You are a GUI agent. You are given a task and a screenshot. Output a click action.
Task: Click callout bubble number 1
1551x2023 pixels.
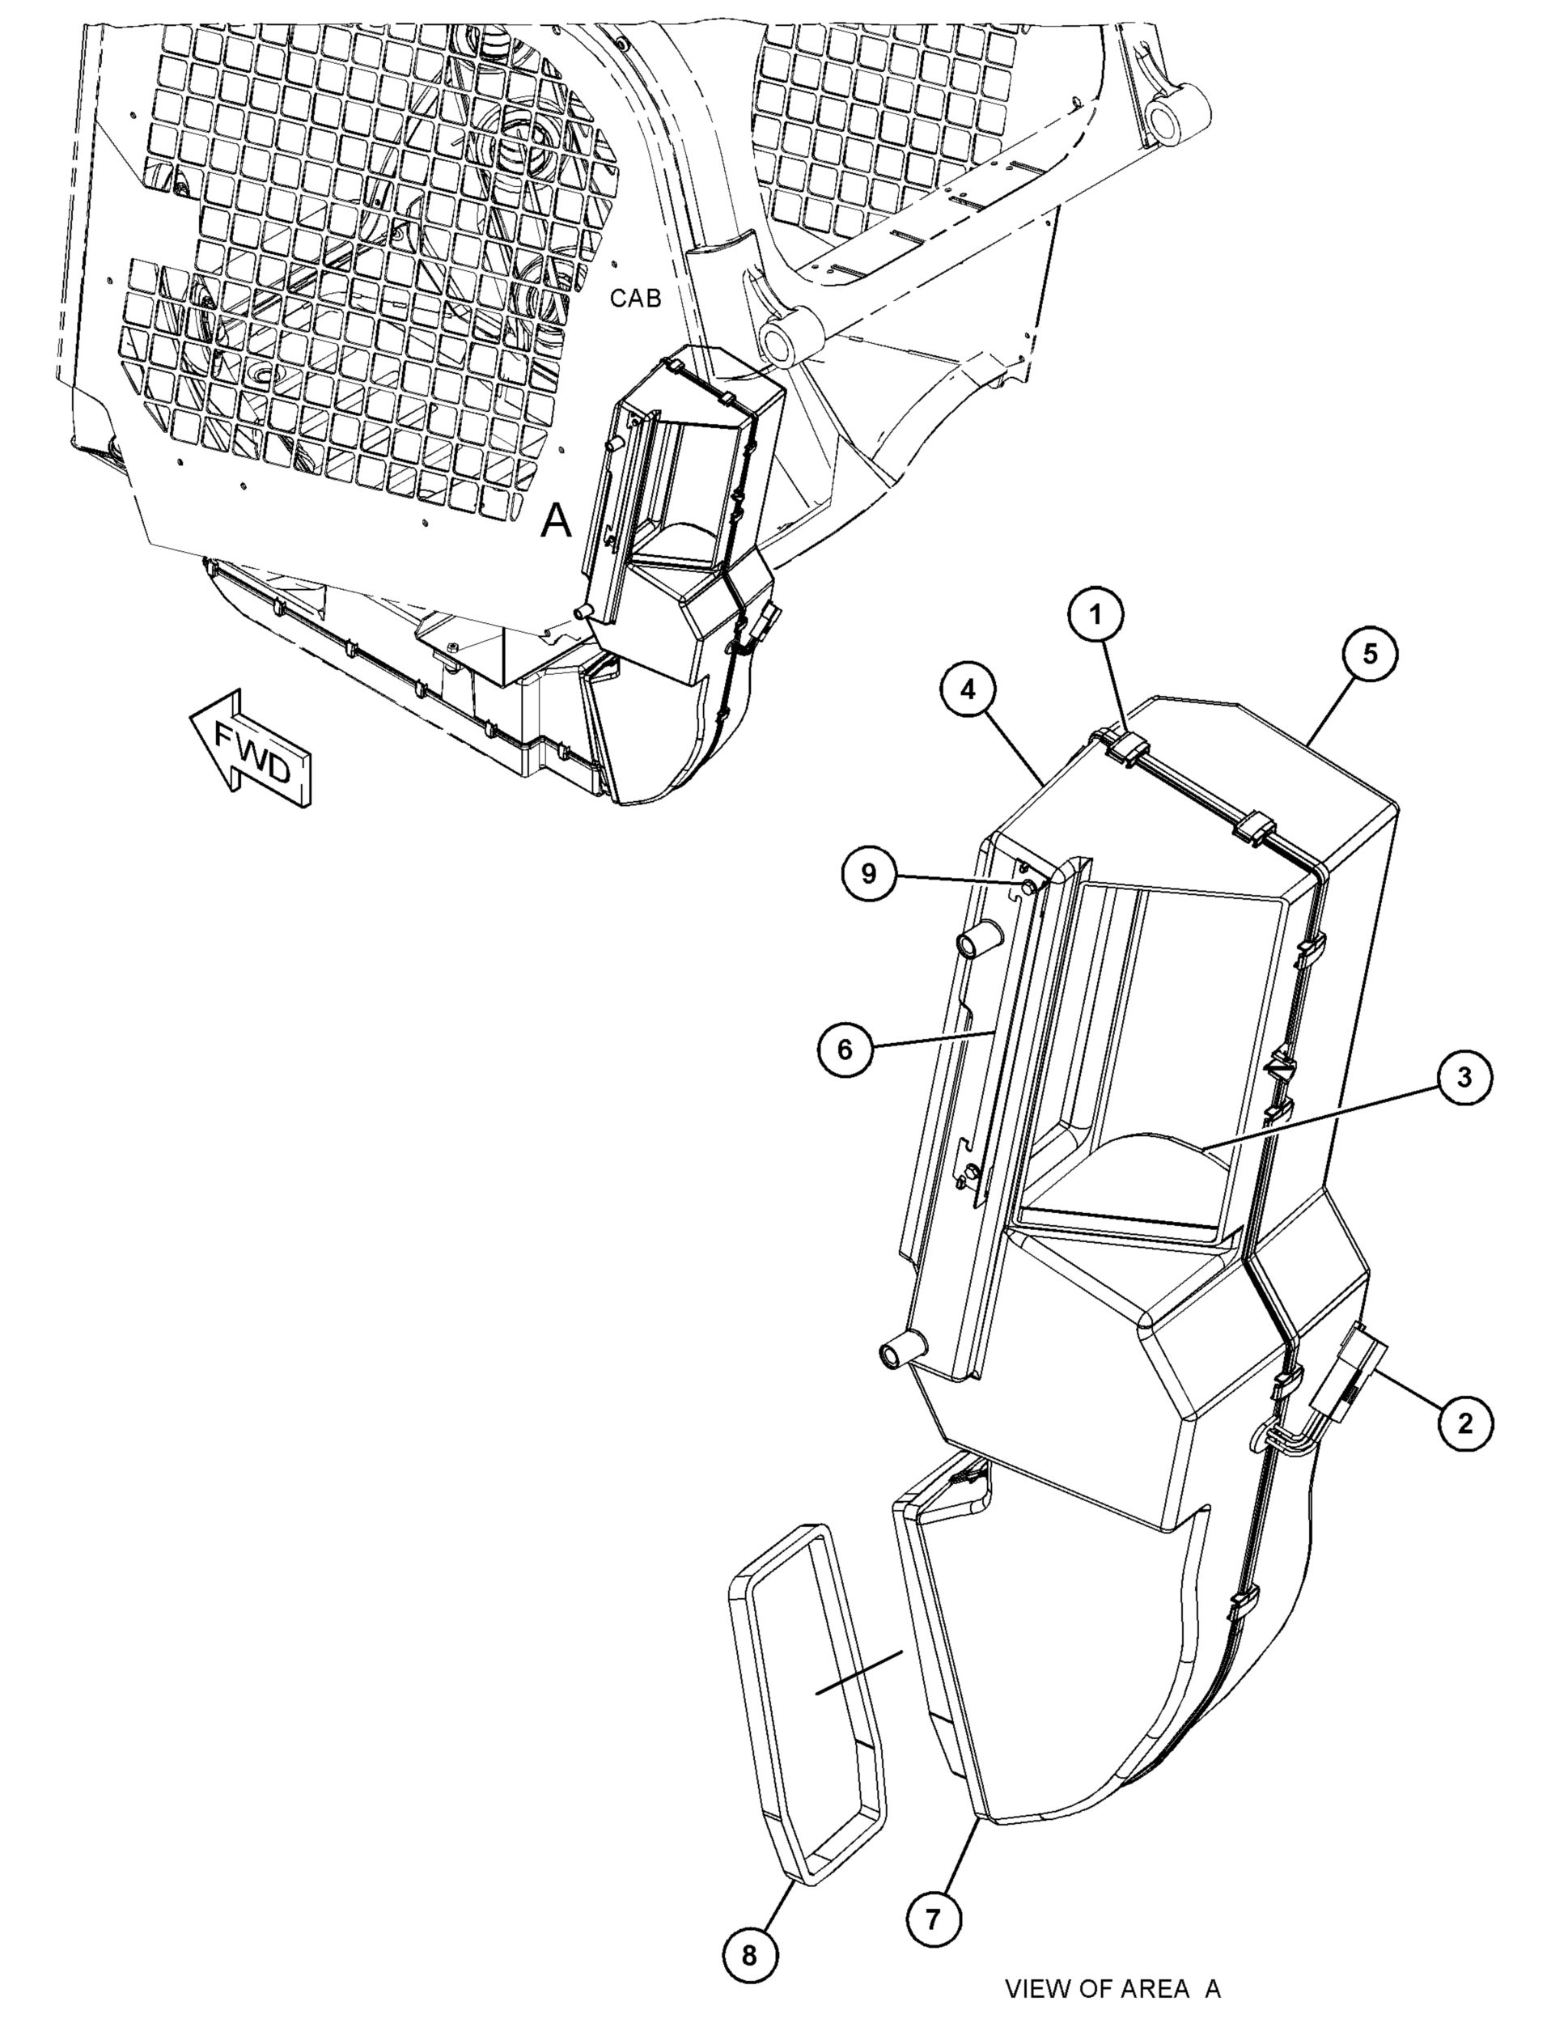[1097, 616]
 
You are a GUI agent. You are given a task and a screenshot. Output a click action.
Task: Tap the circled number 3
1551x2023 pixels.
[1464, 1079]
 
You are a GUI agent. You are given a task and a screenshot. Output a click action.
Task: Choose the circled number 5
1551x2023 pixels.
[1370, 654]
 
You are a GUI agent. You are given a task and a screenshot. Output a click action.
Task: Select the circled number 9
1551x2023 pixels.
[869, 873]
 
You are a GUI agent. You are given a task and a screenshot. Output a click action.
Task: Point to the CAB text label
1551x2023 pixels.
[635, 299]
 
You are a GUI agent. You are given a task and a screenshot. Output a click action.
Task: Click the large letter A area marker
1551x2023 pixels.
[556, 521]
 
